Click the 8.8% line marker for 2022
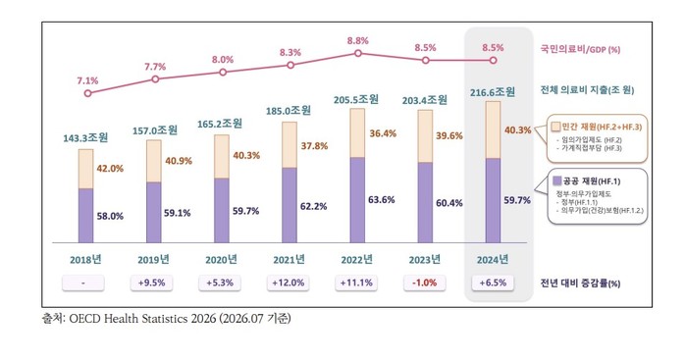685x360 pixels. click(x=358, y=53)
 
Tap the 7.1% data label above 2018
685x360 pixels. click(x=87, y=80)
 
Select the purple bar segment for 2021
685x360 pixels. click(x=290, y=205)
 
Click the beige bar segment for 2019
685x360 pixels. click(x=154, y=161)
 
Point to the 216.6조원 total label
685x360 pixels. click(x=493, y=92)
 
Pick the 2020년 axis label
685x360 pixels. click(x=221, y=260)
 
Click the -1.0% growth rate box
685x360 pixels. click(x=425, y=283)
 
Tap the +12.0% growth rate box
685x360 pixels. click(x=289, y=283)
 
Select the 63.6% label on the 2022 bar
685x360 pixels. click(x=382, y=200)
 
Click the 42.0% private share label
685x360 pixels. click(x=110, y=168)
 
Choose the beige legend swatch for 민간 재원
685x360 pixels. click(x=555, y=127)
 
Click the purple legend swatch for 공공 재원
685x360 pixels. click(x=557, y=180)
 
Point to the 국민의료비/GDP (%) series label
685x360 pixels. click(x=580, y=49)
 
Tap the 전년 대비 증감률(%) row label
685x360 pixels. click(x=580, y=283)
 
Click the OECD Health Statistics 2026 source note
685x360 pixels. click(x=166, y=318)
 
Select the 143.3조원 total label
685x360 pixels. click(x=85, y=138)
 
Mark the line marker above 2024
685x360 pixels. click(x=494, y=60)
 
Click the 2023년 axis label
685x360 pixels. click(x=425, y=260)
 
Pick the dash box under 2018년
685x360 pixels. click(x=83, y=283)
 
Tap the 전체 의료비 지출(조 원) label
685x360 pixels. click(x=587, y=90)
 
